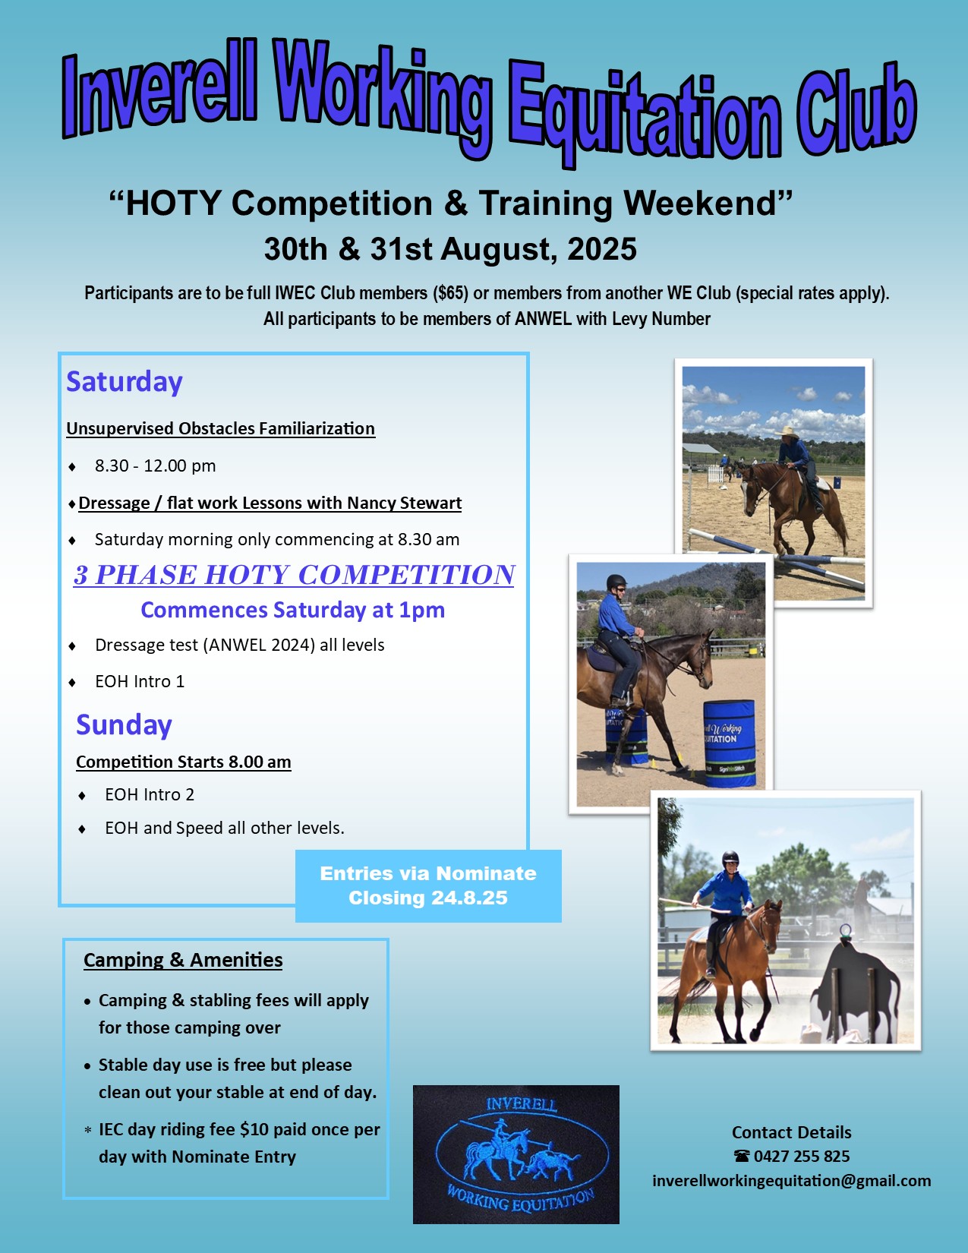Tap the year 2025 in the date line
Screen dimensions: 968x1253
[602, 249]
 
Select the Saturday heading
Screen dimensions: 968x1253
[125, 382]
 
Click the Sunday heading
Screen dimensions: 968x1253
[124, 724]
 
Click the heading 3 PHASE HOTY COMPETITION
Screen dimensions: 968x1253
[294, 575]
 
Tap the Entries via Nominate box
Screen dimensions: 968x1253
[428, 885]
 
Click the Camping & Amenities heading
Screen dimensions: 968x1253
[183, 960]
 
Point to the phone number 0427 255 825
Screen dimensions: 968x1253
[802, 1156]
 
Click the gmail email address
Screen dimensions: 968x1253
[792, 1181]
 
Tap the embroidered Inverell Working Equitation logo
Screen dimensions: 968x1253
[516, 1154]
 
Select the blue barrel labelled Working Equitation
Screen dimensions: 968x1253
[730, 744]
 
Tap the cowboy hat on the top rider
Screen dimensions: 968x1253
[787, 431]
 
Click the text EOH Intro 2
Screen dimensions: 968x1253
[150, 794]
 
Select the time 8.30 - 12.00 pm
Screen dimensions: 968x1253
[155, 466]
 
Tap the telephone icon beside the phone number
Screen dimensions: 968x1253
[742, 1156]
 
